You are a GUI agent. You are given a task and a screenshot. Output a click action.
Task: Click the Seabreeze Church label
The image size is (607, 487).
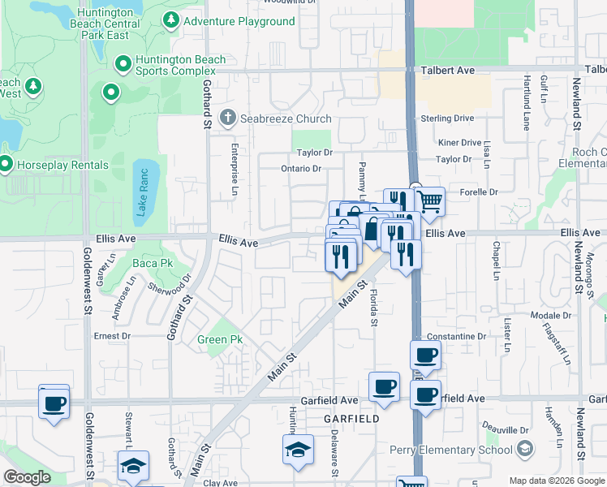pos(278,118)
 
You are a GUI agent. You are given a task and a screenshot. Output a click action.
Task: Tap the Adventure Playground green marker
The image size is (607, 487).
pos(171,21)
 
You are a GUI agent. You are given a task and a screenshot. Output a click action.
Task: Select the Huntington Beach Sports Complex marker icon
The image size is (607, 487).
pos(123,63)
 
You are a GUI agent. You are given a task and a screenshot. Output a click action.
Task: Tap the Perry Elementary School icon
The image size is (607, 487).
pos(525,450)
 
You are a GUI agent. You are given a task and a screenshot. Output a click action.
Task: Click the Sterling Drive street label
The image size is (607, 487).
pos(446,119)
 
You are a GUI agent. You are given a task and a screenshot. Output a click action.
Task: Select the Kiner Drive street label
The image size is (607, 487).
pos(459,143)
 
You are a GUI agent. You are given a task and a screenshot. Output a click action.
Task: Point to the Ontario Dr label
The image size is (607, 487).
pos(302,169)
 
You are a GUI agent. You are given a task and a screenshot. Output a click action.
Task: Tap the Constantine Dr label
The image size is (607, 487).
pos(456,336)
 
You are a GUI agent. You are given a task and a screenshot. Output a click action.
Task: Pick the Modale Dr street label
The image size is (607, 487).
pos(551,316)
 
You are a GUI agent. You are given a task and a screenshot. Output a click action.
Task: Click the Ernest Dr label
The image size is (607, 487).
pos(112,335)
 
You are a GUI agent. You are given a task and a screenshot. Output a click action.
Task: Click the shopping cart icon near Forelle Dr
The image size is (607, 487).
pos(430,200)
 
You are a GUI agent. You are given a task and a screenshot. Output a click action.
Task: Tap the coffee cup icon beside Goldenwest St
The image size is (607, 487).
pos(54,402)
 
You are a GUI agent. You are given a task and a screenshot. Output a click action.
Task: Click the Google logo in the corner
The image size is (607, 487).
pos(27,477)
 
